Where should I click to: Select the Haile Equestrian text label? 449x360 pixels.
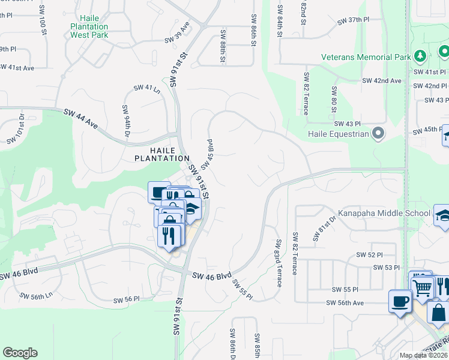pyautogui.click(x=337, y=134)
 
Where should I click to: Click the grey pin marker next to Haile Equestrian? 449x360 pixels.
pyautogui.click(x=378, y=133)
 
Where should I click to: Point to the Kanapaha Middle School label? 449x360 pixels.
pyautogui.click(x=384, y=213)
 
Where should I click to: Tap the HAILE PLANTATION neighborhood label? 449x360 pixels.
pyautogui.click(x=161, y=154)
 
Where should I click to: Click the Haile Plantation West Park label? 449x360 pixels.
pyautogui.click(x=89, y=26)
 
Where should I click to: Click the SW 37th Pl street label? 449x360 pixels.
pyautogui.click(x=353, y=20)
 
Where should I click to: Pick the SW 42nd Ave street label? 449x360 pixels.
pyautogui.click(x=381, y=80)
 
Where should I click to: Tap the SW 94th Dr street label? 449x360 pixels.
pyautogui.click(x=126, y=120)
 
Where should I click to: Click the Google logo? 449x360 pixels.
pyautogui.click(x=20, y=353)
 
